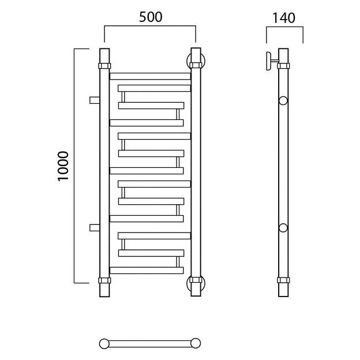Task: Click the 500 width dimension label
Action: click(x=151, y=17)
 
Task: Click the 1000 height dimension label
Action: click(x=63, y=166)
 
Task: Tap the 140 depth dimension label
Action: click(x=284, y=18)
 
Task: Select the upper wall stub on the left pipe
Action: click(x=95, y=100)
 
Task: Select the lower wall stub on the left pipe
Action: click(x=95, y=227)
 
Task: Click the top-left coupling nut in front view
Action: click(x=104, y=66)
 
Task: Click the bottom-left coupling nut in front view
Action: click(x=104, y=280)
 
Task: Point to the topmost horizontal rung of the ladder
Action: click(x=150, y=76)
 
